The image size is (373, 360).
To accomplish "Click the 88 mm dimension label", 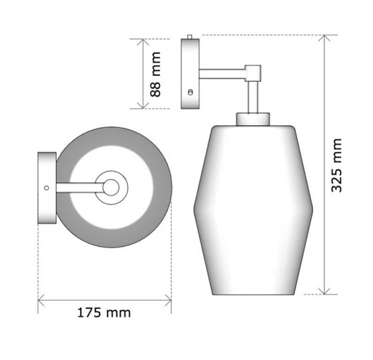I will coord(156,74).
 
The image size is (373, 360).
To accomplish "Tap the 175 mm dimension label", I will coord(105,312).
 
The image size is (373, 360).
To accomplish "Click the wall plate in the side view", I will coord(191,73).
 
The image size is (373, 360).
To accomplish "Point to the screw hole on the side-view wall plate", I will coord(191,92).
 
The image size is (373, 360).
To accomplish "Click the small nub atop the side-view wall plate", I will coord(191,37).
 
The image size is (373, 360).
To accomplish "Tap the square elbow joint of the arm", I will coord(254,72).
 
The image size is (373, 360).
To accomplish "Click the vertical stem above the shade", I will coord(253,97).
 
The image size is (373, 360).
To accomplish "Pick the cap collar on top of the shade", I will coord(253,119).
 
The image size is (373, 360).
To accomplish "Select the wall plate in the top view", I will coord(47,188).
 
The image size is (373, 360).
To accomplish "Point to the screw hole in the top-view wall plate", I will coord(46,188).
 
